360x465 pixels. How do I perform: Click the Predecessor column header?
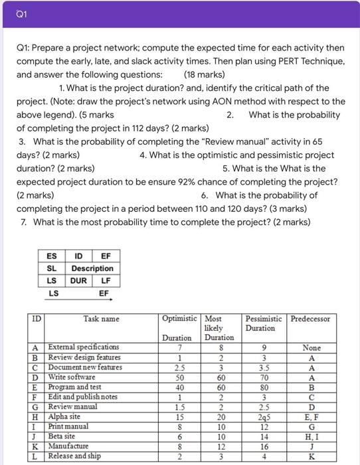310,319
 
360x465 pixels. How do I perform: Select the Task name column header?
101,319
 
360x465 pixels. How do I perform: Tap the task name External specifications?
84,347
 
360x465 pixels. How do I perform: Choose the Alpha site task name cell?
66,417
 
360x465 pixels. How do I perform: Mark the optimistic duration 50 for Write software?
177,377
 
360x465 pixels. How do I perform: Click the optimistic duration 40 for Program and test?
177,387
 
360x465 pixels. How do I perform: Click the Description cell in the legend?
92,268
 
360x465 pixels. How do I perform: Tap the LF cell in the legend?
104,280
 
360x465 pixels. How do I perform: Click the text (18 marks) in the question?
203,74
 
